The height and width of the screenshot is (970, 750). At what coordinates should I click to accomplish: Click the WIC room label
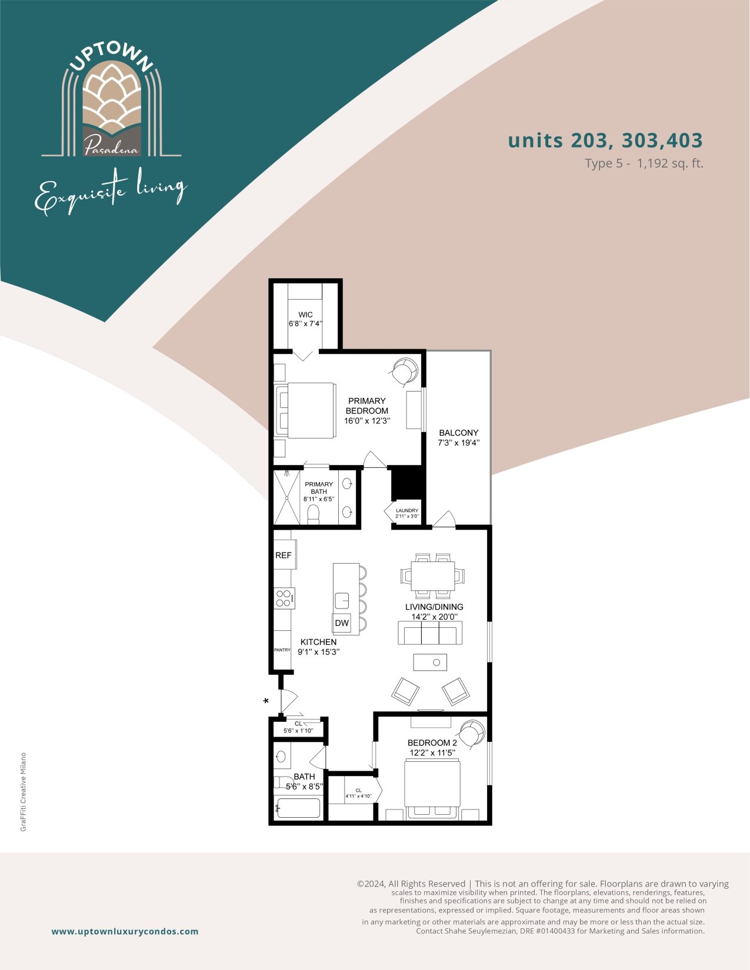point(305,315)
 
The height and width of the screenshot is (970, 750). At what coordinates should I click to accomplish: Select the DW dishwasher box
point(342,623)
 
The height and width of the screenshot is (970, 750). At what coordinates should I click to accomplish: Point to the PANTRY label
point(282,650)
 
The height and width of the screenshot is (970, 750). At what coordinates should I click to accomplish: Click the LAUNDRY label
point(407,510)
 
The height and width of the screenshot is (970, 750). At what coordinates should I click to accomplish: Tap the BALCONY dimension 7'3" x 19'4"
point(459,443)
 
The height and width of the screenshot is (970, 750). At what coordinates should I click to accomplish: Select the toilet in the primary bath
point(314,514)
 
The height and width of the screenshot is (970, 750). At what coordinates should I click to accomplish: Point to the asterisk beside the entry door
point(266,701)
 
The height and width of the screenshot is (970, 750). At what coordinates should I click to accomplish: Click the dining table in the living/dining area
point(432,576)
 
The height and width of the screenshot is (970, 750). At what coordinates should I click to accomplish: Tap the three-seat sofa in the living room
point(430,633)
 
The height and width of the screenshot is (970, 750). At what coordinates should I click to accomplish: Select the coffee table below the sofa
point(430,662)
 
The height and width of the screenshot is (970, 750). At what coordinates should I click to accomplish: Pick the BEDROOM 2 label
point(432,743)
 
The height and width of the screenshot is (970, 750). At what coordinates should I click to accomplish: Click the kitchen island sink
point(342,600)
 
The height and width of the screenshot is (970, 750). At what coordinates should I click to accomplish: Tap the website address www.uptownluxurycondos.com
point(125,931)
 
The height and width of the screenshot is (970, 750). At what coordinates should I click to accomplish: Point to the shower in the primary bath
point(286,497)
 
